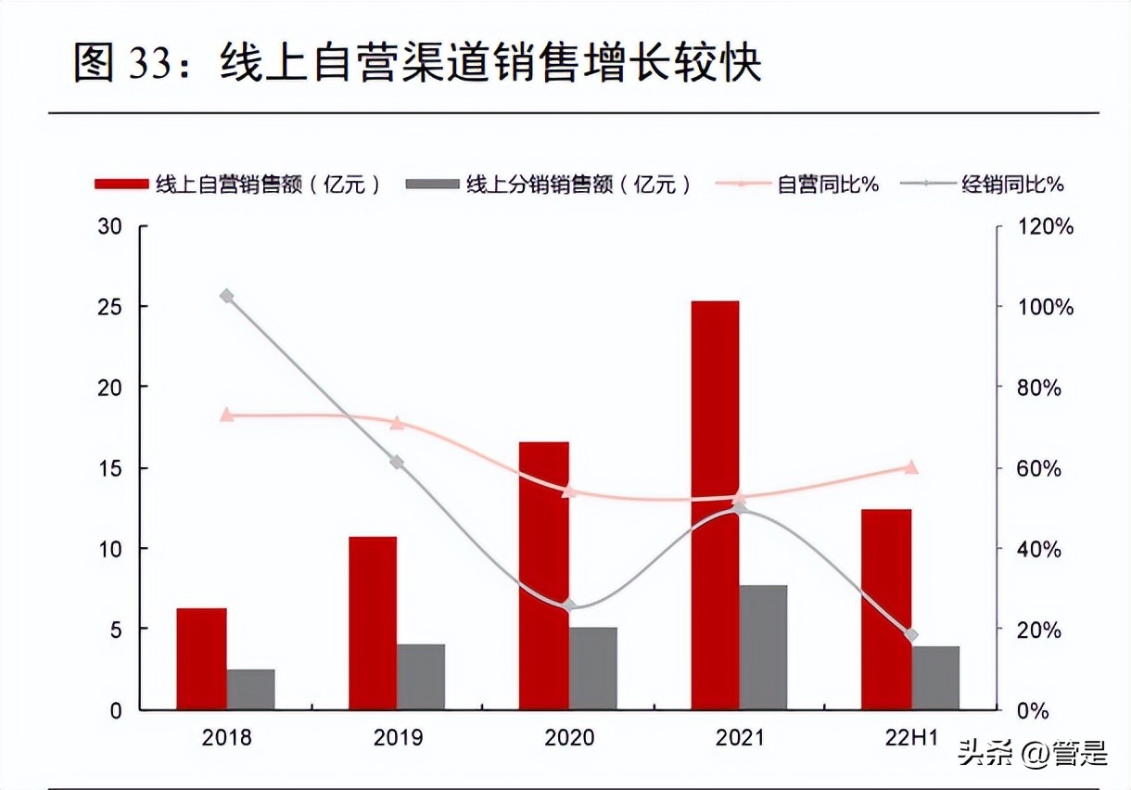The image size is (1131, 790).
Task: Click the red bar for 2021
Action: pos(715,505)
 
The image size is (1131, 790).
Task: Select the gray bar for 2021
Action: pos(763,647)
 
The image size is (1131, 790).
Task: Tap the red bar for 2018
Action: pos(202,658)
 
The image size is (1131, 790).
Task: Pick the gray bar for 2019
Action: pos(421,677)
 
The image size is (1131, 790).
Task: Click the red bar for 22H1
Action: pos(886,609)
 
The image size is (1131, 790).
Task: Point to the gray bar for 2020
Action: pos(592,669)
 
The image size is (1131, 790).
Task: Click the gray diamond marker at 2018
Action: pos(226,297)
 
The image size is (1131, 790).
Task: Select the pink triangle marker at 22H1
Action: pos(910,467)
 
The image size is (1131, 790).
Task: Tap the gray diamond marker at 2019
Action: pos(397,462)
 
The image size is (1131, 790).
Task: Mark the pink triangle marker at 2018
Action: pos(226,415)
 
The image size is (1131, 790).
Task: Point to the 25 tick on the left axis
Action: pos(108,307)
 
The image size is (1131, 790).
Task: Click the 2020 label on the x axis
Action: pos(568,739)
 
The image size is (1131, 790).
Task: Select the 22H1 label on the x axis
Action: pos(910,739)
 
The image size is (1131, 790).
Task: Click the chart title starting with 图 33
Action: pos(417,63)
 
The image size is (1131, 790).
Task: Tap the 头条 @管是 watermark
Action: pos(1033,753)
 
